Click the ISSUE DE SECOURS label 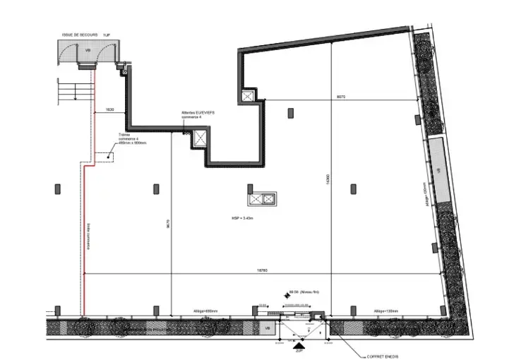(x=78, y=34)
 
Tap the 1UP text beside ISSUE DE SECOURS (x=107, y=34)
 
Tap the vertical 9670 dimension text (x=168, y=221)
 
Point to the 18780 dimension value (x=261, y=270)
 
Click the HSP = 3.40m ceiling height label (x=241, y=218)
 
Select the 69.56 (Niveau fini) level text (x=305, y=292)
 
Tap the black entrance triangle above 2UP (x=299, y=344)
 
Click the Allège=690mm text (x=205, y=310)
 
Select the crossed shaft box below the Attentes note (x=200, y=137)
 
